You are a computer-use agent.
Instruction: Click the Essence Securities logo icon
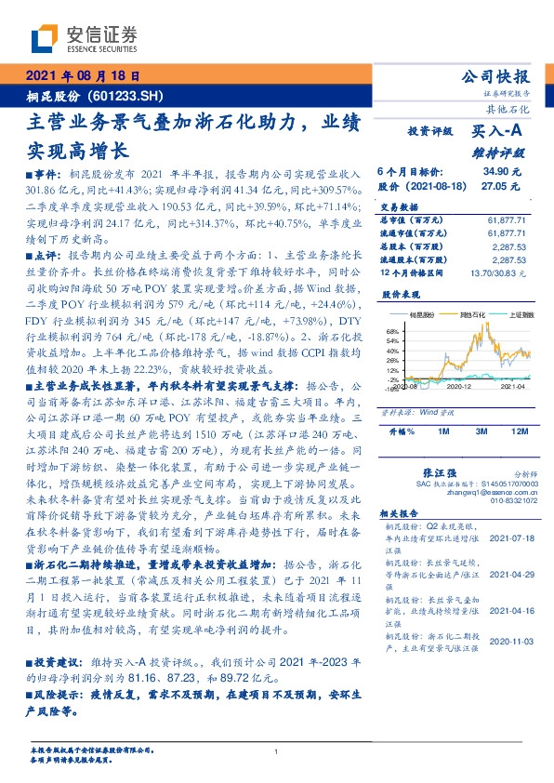point(44,38)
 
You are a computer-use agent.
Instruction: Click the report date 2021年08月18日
point(82,75)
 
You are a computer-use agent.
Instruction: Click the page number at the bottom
point(276,751)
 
